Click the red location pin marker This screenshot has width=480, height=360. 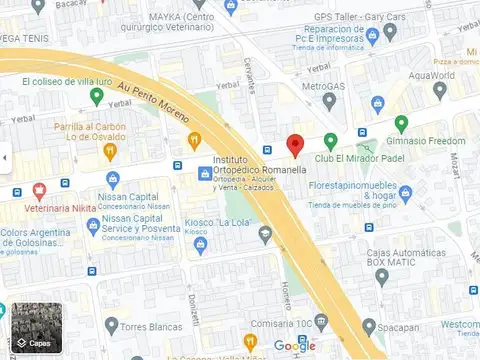click(x=295, y=145)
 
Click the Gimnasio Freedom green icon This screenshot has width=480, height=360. click(x=401, y=124)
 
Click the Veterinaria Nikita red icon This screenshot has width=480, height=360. click(x=39, y=190)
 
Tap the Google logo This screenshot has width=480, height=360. click(x=294, y=346)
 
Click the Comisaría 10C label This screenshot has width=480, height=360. click(x=281, y=322)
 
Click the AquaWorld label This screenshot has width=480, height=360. click(x=432, y=75)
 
